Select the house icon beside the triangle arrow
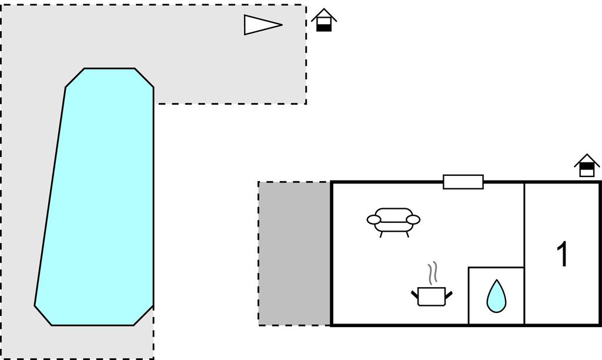[x=324, y=20]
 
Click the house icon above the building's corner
[x=587, y=166]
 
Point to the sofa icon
[x=393, y=222]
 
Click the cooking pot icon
[x=432, y=296]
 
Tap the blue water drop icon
[x=496, y=296]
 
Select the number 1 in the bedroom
[x=563, y=254]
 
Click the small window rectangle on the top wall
[x=463, y=182]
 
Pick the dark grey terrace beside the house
[x=295, y=254]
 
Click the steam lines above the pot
[x=433, y=274]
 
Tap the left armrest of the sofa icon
[x=373, y=220]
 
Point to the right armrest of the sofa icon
[x=413, y=220]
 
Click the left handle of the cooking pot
[x=414, y=295]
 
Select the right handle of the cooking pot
[x=449, y=295]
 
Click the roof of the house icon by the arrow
[x=324, y=14]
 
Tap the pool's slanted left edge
[x=50, y=196]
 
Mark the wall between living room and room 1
[x=524, y=254]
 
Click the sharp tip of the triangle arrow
[x=283, y=25]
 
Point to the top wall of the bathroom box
[x=496, y=268]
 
